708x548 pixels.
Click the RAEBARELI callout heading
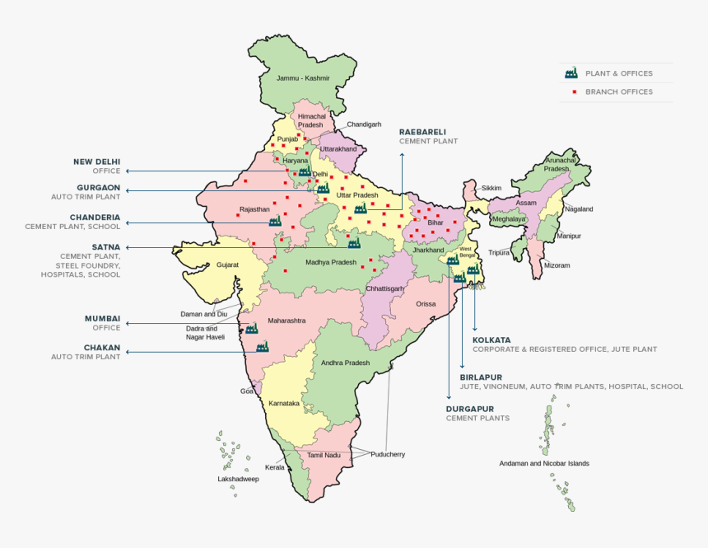point(422,132)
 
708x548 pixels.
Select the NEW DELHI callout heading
point(97,162)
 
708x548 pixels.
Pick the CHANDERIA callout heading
point(95,217)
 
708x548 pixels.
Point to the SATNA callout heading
point(106,246)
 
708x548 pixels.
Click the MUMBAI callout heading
point(102,318)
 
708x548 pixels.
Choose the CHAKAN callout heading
point(101,347)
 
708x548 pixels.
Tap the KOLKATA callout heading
point(491,340)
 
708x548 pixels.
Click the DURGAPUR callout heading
point(470,409)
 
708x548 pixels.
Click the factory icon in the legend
point(571,73)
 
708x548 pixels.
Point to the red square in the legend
point(573,92)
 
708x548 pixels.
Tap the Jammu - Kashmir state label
point(303,78)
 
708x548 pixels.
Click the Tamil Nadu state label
point(324,455)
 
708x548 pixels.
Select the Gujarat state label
point(227,265)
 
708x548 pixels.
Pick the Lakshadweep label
point(238,479)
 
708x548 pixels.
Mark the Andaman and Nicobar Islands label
point(543,463)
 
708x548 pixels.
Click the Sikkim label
point(491,188)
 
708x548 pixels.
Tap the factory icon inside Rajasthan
point(275,221)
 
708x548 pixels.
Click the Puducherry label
point(387,454)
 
